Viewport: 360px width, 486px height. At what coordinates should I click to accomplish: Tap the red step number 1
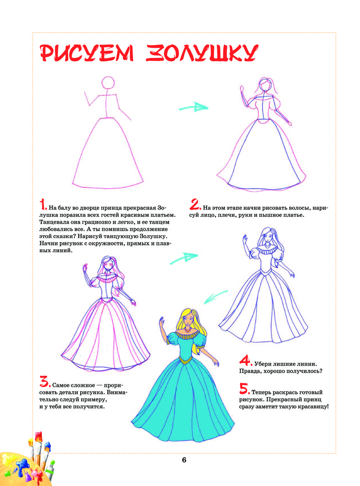(43, 205)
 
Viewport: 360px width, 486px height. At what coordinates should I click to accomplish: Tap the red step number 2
(195, 205)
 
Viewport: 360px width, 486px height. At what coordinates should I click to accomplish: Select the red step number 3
(45, 382)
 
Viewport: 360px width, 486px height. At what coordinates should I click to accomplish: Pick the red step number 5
(244, 389)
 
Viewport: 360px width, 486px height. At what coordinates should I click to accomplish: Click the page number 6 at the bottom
(184, 460)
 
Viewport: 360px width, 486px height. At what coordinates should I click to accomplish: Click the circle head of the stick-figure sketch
(108, 83)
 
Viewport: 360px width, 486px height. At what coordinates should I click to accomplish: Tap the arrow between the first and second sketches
(193, 107)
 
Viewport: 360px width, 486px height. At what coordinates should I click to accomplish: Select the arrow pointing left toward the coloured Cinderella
(216, 297)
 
